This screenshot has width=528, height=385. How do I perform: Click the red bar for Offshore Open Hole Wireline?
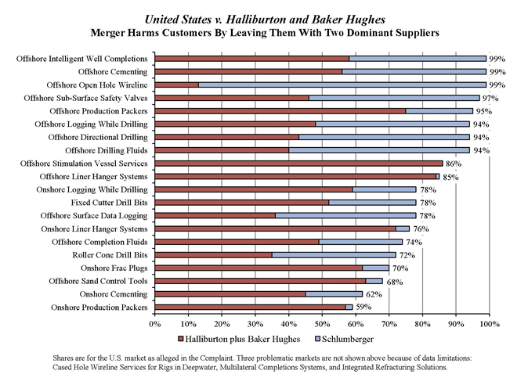coord(176,85)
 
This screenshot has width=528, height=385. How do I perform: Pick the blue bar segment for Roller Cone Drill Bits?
coord(334,255)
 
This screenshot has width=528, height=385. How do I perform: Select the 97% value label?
coord(490,98)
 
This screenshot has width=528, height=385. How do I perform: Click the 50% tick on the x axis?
coord(322,323)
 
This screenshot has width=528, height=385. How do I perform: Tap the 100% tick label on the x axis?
coord(489,323)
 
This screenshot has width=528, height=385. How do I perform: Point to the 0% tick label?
coord(155,323)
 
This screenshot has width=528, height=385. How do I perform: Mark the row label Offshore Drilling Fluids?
coord(107,150)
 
